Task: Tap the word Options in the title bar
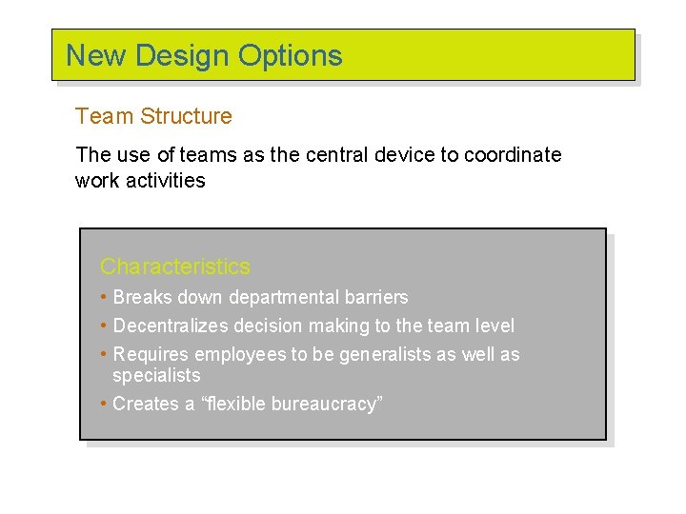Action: tap(290, 55)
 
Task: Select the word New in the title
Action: tap(97, 55)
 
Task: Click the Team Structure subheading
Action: tap(153, 116)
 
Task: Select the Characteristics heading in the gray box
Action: tap(175, 267)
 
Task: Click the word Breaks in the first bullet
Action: tap(139, 297)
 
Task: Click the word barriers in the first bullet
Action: tap(373, 297)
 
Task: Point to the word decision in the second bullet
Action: tap(268, 326)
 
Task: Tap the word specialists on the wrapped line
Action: tap(156, 376)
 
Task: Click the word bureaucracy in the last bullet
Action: tap(326, 404)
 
